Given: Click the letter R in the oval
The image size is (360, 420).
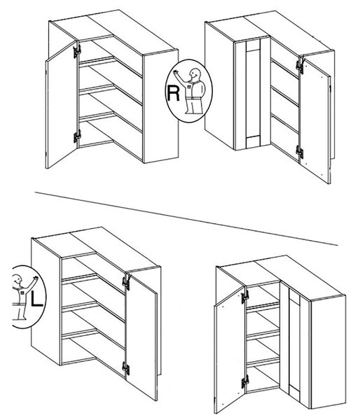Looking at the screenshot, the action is pyautogui.click(x=173, y=93).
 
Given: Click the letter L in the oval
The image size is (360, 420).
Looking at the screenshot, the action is pyautogui.click(x=36, y=298).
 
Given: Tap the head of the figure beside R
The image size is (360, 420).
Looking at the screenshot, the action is pyautogui.click(x=194, y=73).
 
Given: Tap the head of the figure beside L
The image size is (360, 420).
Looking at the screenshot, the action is pyautogui.click(x=18, y=279).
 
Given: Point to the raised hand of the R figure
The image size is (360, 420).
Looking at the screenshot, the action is pyautogui.click(x=176, y=71).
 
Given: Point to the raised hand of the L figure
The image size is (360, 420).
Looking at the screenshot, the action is pyautogui.click(x=35, y=279).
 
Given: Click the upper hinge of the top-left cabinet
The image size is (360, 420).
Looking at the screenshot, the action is pyautogui.click(x=77, y=51).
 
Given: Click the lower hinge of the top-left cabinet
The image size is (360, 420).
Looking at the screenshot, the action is pyautogui.click(x=77, y=136).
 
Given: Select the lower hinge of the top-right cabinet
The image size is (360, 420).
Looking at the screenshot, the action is pyautogui.click(x=300, y=152).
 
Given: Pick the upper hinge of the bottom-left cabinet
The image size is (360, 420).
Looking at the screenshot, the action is pyautogui.click(x=126, y=283).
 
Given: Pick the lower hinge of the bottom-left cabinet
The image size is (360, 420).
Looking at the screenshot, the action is pyautogui.click(x=126, y=368).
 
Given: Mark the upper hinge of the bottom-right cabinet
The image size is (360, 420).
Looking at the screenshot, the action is pyautogui.click(x=244, y=296).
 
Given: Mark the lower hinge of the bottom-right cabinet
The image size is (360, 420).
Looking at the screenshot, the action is pyautogui.click(x=244, y=381).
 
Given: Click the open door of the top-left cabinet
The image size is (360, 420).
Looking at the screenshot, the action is pyautogui.click(x=62, y=105).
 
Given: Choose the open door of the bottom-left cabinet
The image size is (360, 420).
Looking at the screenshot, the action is pyautogui.click(x=141, y=337).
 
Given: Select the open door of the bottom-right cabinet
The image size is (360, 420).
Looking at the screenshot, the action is pyautogui.click(x=230, y=350).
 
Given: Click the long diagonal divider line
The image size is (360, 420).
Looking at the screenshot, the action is pyautogui.click(x=186, y=218).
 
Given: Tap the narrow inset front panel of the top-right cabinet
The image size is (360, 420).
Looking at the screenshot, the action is pyautogui.click(x=253, y=94).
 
